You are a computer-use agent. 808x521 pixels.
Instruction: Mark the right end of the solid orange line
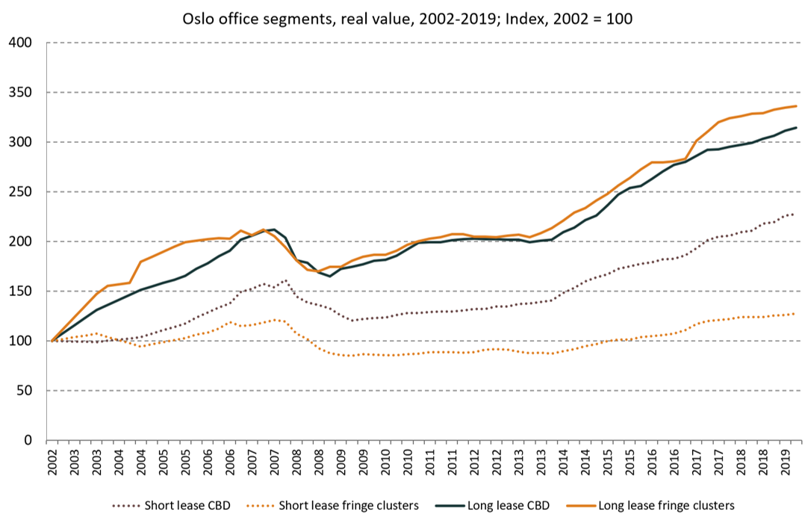click(x=796, y=106)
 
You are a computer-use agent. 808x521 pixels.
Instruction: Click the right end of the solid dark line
click(x=796, y=128)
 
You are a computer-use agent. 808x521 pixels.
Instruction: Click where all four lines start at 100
click(x=52, y=341)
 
